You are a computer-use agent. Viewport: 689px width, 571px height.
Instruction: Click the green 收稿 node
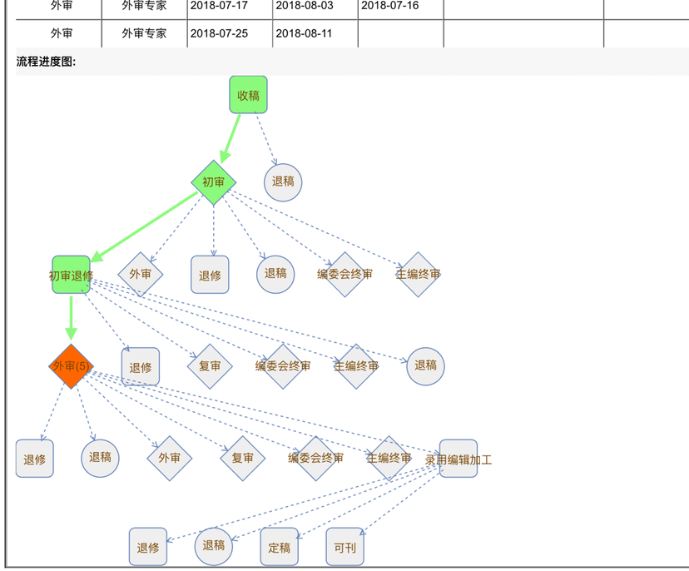click(x=248, y=95)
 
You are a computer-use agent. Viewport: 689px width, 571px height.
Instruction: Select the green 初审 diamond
click(x=214, y=182)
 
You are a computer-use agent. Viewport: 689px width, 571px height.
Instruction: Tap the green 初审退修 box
click(x=71, y=275)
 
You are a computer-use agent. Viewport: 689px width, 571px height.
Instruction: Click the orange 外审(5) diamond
click(x=71, y=366)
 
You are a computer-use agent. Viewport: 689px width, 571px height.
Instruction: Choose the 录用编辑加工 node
click(x=459, y=459)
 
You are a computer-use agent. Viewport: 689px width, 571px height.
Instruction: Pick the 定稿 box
click(x=279, y=547)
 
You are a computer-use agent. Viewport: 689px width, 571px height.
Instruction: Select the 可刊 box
click(x=344, y=547)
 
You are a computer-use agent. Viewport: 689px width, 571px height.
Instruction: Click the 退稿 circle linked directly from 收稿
click(x=283, y=181)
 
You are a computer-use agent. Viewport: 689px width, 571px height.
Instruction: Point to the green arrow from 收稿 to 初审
click(x=231, y=137)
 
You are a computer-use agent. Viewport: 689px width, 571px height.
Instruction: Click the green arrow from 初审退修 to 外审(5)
click(x=71, y=319)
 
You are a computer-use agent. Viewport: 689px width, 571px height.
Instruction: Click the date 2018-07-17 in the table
click(x=219, y=6)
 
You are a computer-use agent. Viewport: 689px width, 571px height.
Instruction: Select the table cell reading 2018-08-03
click(x=305, y=6)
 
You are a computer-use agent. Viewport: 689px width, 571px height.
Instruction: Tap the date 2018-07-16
click(x=390, y=6)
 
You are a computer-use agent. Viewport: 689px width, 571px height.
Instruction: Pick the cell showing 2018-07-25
click(x=219, y=33)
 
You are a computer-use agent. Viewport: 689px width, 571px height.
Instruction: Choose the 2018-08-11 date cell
click(x=305, y=33)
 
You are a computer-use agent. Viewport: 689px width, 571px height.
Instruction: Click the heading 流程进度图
click(x=47, y=61)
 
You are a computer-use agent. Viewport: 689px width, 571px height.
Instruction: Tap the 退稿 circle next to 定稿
click(x=214, y=546)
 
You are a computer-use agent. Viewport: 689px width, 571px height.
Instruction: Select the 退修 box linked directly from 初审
click(x=210, y=275)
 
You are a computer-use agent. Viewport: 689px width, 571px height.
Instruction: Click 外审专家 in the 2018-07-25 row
click(x=144, y=33)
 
